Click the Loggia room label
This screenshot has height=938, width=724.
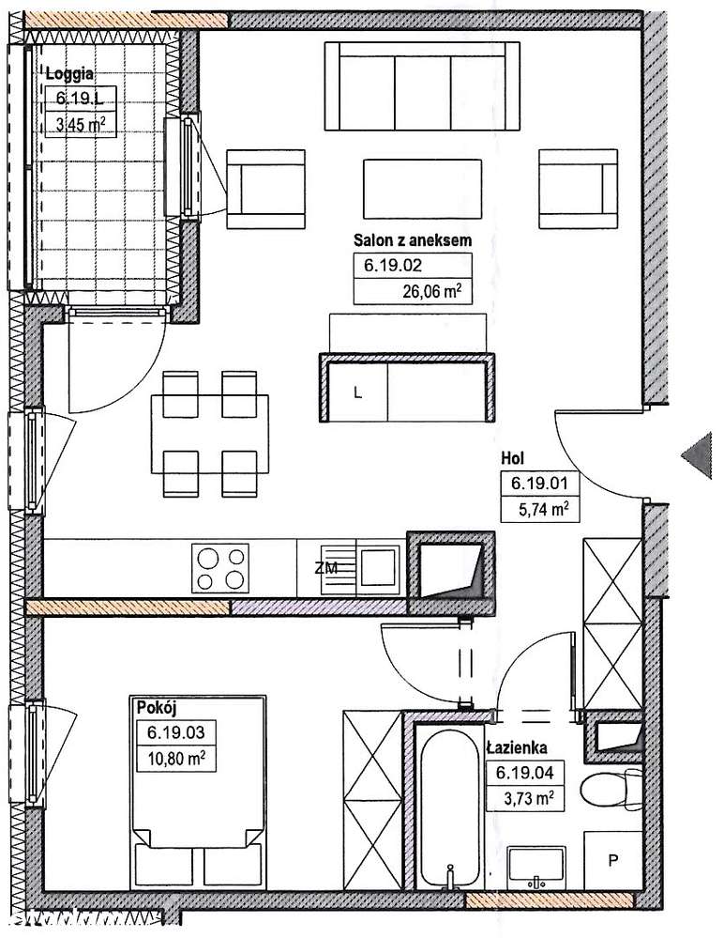(69, 74)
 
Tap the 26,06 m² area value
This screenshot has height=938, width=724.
(432, 291)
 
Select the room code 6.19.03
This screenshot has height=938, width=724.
(176, 731)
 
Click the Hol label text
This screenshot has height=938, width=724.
(513, 458)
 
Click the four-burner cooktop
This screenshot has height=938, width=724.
(220, 568)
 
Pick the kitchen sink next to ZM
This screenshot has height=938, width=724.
(379, 566)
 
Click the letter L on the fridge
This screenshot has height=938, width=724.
(358, 393)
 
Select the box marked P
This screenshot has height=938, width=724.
(612, 860)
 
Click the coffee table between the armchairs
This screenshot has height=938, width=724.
(422, 189)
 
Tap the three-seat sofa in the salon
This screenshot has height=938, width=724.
(422, 86)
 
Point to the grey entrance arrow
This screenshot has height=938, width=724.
(697, 455)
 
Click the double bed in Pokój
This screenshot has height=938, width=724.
(198, 792)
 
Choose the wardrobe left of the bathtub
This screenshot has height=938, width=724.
(372, 799)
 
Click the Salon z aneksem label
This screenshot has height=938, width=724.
(413, 240)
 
